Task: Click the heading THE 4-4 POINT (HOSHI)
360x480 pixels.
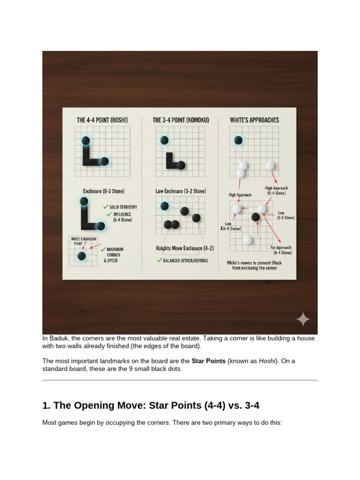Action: click(x=102, y=120)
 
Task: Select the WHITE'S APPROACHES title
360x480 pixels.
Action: click(x=254, y=120)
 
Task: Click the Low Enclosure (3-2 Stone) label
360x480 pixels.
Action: click(x=180, y=191)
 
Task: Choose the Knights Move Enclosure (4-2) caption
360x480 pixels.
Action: click(x=184, y=248)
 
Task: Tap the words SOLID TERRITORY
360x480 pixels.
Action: click(x=123, y=207)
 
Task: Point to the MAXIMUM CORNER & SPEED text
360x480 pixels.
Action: click(x=115, y=255)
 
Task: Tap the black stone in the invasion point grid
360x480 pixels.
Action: click(x=82, y=256)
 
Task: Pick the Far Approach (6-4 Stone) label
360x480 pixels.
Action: click(x=280, y=250)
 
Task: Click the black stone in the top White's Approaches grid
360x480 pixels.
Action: click(x=238, y=140)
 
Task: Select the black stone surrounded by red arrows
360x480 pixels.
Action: click(x=255, y=217)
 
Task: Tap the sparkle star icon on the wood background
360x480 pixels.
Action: click(x=303, y=320)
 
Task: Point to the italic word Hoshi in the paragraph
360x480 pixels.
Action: click(x=268, y=361)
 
